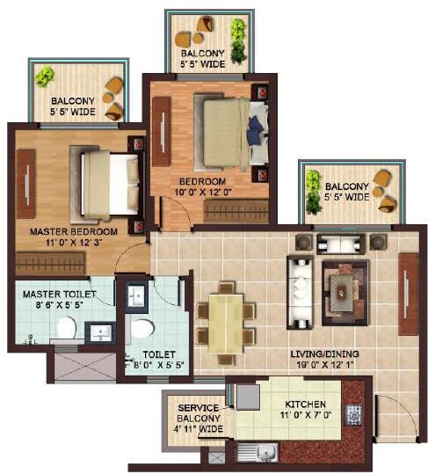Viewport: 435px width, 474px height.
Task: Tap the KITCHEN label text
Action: pyautogui.click(x=304, y=406)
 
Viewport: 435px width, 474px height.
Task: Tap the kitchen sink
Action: pyautogui.click(x=257, y=455)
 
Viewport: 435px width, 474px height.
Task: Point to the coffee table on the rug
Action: pyautogui.click(x=339, y=284)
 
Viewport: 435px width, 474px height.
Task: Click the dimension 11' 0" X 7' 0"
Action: pyautogui.click(x=304, y=418)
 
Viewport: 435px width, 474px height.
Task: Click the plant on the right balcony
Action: pyautogui.click(x=311, y=186)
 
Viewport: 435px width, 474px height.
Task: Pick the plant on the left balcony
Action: pyautogui.click(x=44, y=77)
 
